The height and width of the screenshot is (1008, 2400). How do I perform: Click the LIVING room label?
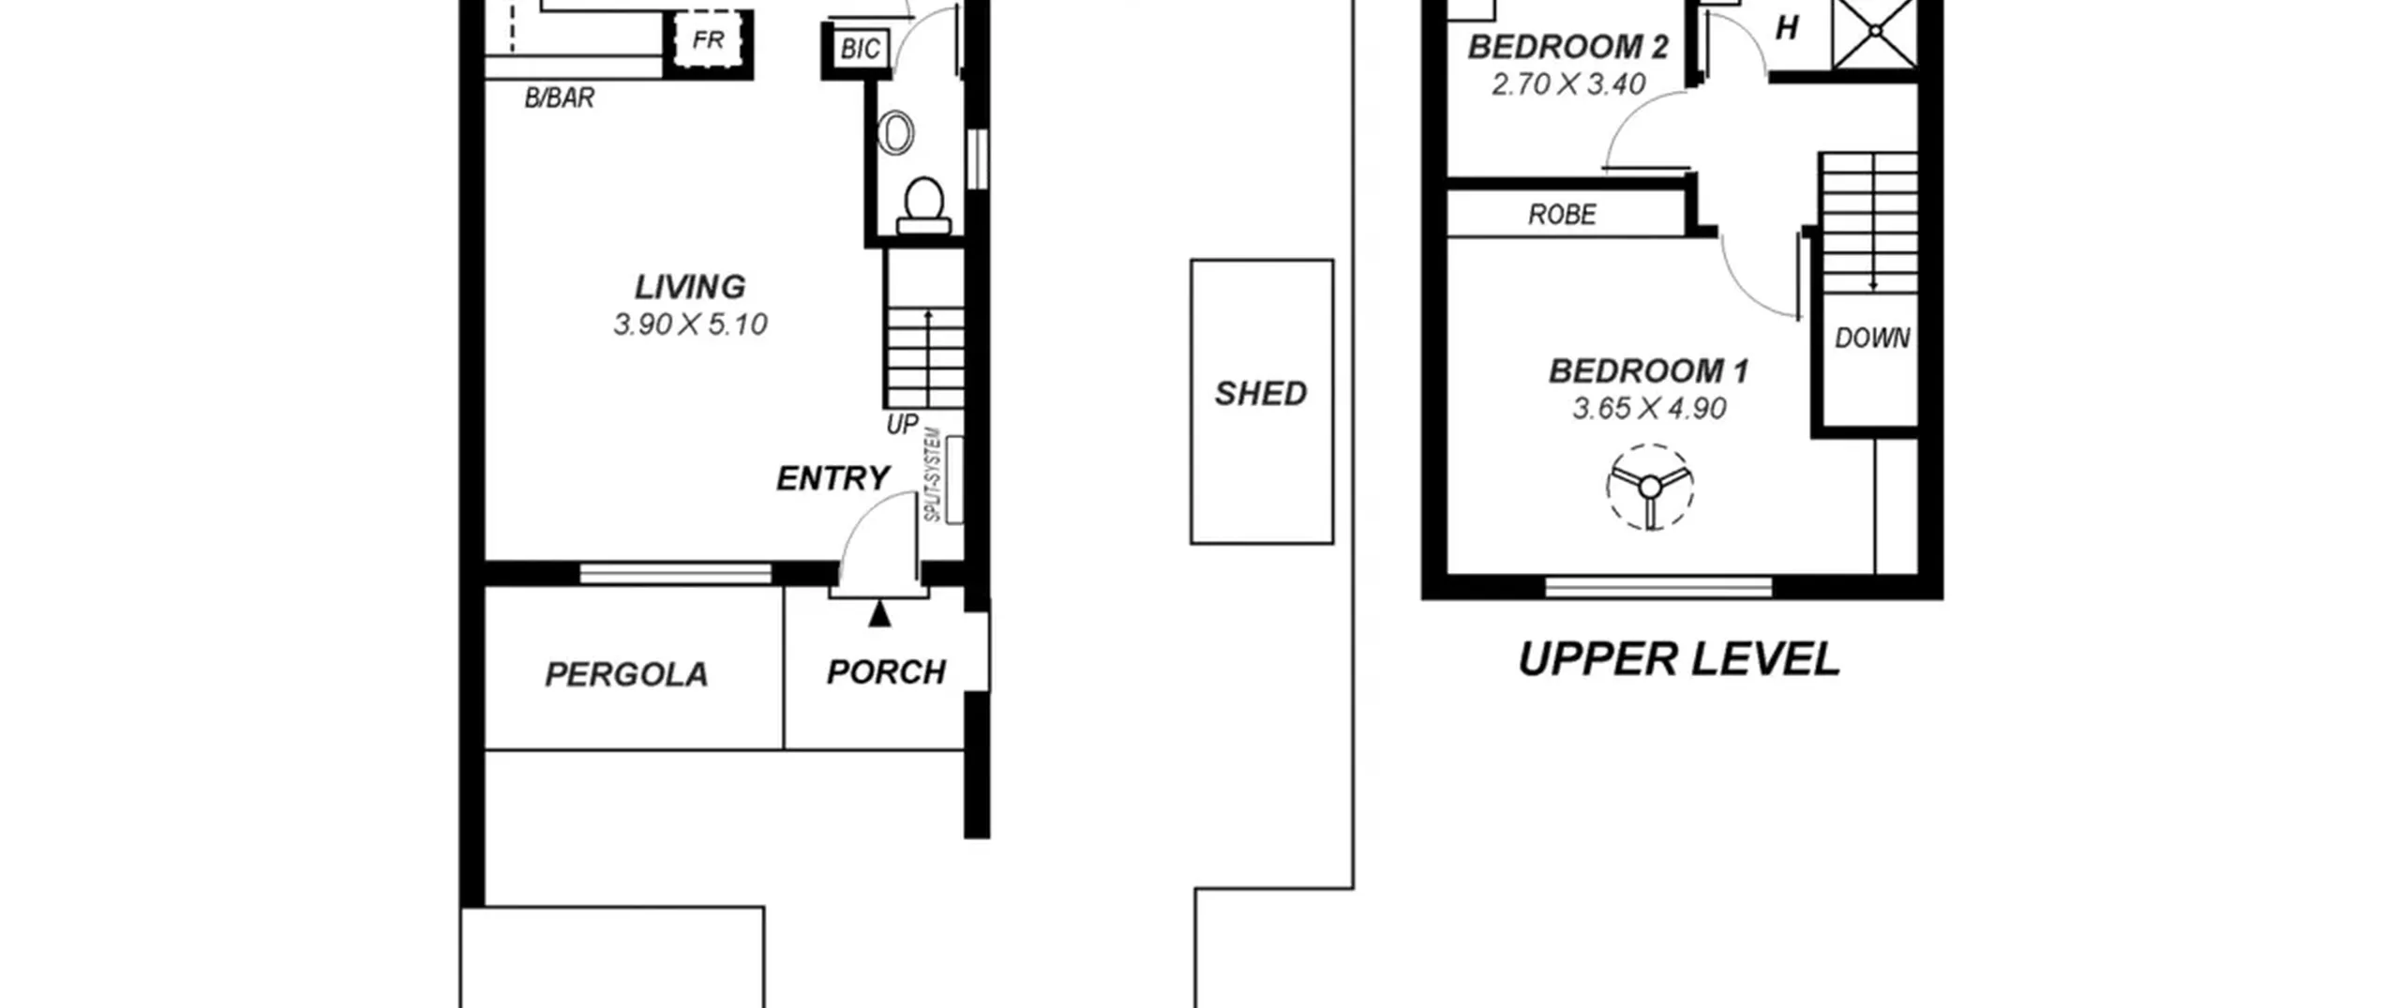click(x=690, y=286)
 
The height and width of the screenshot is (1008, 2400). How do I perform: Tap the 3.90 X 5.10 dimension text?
click(x=690, y=324)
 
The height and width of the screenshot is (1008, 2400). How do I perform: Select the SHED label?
click(x=1261, y=393)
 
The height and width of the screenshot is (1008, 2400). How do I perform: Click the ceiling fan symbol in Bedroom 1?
click(x=1649, y=487)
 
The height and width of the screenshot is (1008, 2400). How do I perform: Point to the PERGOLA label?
click(x=626, y=674)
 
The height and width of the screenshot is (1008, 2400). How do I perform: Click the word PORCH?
click(x=886, y=671)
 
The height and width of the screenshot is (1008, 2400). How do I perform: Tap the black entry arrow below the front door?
click(x=879, y=613)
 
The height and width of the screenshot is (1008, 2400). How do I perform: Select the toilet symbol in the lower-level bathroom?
click(x=923, y=205)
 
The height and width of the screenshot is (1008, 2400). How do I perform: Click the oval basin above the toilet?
click(x=896, y=133)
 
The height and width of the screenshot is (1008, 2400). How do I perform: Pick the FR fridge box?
click(x=709, y=40)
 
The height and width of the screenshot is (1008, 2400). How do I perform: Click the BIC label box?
click(x=860, y=49)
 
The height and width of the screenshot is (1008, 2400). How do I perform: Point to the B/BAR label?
click(x=559, y=98)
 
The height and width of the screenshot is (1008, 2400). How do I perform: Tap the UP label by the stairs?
click(x=902, y=424)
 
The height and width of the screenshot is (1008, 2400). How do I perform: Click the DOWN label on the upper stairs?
click(x=1872, y=338)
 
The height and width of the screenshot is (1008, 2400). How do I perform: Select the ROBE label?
click(x=1562, y=215)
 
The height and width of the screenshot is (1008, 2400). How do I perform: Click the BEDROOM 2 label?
click(x=1568, y=47)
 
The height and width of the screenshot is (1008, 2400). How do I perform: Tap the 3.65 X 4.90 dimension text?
click(x=1649, y=409)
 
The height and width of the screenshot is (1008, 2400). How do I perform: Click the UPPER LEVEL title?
click(x=1679, y=659)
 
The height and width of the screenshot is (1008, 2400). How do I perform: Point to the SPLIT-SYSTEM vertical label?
click(x=932, y=474)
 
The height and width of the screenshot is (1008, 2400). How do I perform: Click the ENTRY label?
click(x=832, y=478)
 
